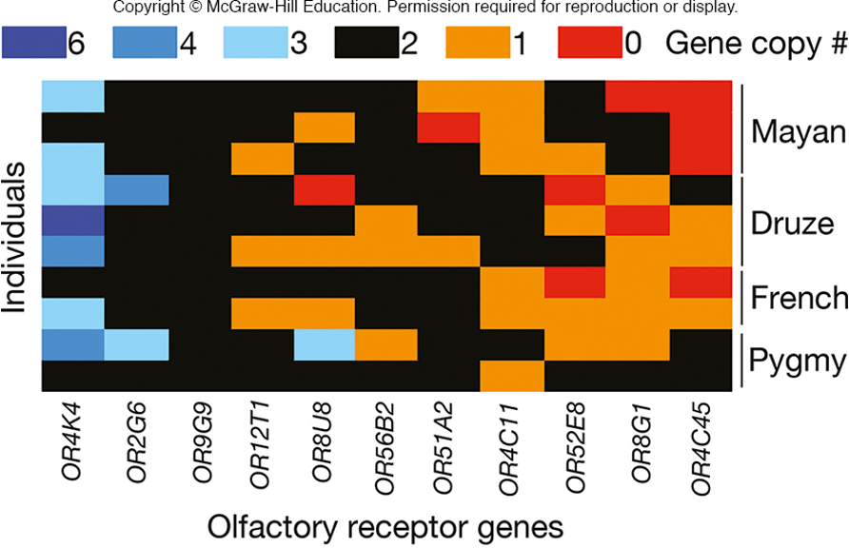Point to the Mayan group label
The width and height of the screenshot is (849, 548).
(797, 131)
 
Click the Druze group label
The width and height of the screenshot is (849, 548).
(792, 223)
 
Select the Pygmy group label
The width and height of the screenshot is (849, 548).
(797, 360)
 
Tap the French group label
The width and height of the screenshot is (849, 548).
(798, 298)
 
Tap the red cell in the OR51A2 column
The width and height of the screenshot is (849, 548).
(449, 127)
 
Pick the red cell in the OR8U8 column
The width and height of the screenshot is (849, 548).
(324, 189)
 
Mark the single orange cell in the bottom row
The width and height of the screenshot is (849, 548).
(512, 376)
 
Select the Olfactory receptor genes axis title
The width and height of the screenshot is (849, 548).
(385, 525)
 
